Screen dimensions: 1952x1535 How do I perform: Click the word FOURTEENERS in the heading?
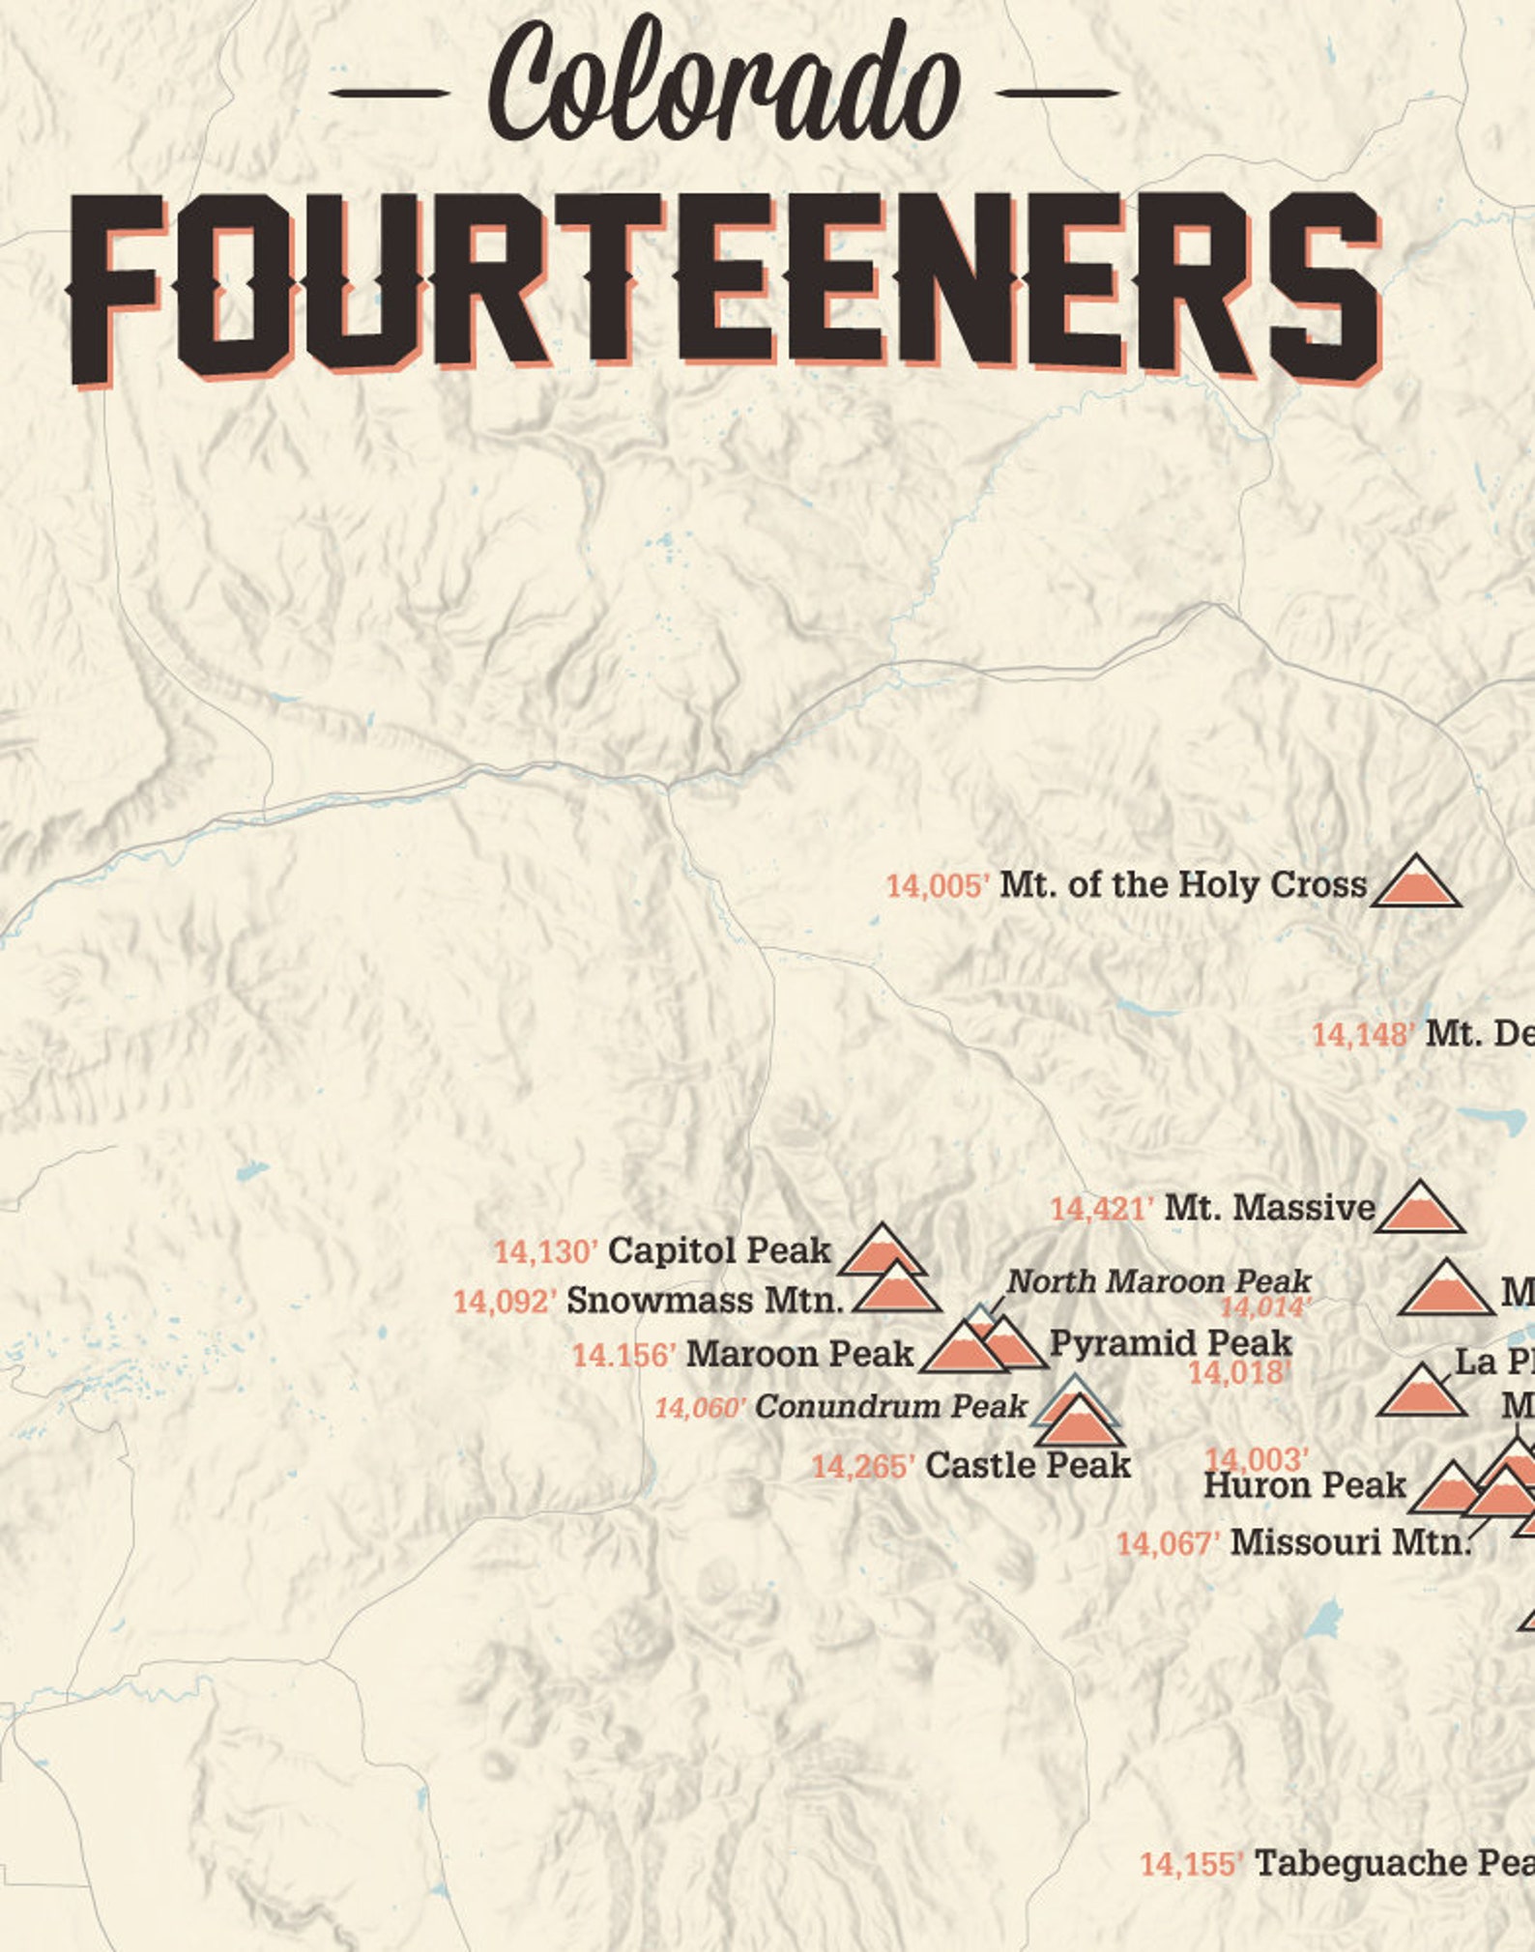(725, 285)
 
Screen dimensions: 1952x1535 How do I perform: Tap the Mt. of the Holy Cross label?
(1182, 884)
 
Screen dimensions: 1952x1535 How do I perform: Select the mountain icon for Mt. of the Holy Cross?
(1416, 883)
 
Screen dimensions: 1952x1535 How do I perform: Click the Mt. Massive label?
(1269, 1208)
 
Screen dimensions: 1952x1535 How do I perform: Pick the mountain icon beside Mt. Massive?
(1420, 1209)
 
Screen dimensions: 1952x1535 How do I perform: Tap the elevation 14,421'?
(1102, 1209)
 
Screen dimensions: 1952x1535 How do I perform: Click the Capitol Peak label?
(719, 1250)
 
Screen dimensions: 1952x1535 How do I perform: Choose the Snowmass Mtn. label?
(705, 1301)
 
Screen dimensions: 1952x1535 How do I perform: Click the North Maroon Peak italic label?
(1159, 1281)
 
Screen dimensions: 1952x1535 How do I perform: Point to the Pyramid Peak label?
(1171, 1342)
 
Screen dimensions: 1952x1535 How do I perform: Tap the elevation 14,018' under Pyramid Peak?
(1239, 1372)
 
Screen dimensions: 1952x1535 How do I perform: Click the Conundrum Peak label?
(890, 1407)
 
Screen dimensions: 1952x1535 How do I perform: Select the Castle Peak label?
(1028, 1465)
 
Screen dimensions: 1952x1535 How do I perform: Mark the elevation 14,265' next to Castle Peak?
(863, 1467)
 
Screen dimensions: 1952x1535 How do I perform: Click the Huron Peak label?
(1304, 1485)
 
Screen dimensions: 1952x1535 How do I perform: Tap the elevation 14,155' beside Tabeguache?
(1192, 1864)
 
